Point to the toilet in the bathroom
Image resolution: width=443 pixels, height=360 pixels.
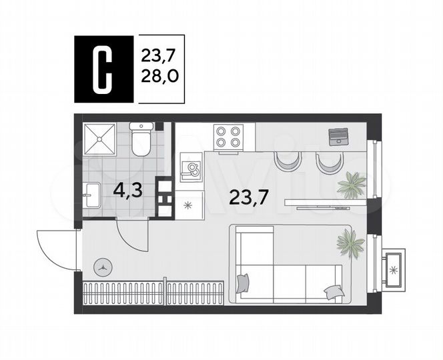(142, 139)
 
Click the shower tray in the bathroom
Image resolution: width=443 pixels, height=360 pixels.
(101, 140)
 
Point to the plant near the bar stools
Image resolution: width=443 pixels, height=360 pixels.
(351, 183)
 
